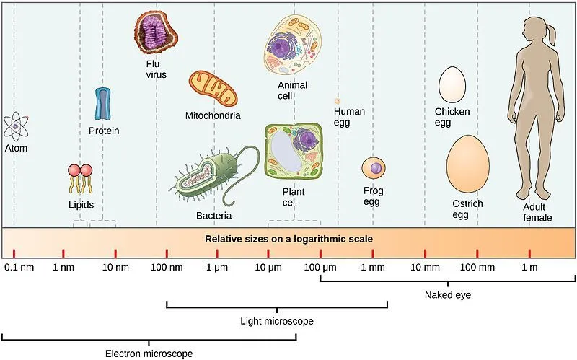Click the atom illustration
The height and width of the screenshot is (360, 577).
click(x=15, y=126)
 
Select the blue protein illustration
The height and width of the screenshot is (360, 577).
click(x=103, y=104)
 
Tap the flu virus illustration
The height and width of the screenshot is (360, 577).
click(x=156, y=32)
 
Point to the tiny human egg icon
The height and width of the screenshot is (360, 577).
click(x=337, y=102)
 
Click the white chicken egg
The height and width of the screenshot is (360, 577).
click(x=452, y=84)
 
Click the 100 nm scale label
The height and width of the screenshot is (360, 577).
click(x=167, y=267)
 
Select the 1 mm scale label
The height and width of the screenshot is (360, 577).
click(x=373, y=267)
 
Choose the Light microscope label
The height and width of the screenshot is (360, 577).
click(x=277, y=320)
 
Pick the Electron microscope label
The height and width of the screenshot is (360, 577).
click(x=149, y=353)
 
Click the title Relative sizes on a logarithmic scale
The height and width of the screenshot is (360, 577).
click(x=289, y=238)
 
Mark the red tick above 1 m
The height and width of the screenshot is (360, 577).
click(x=529, y=253)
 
